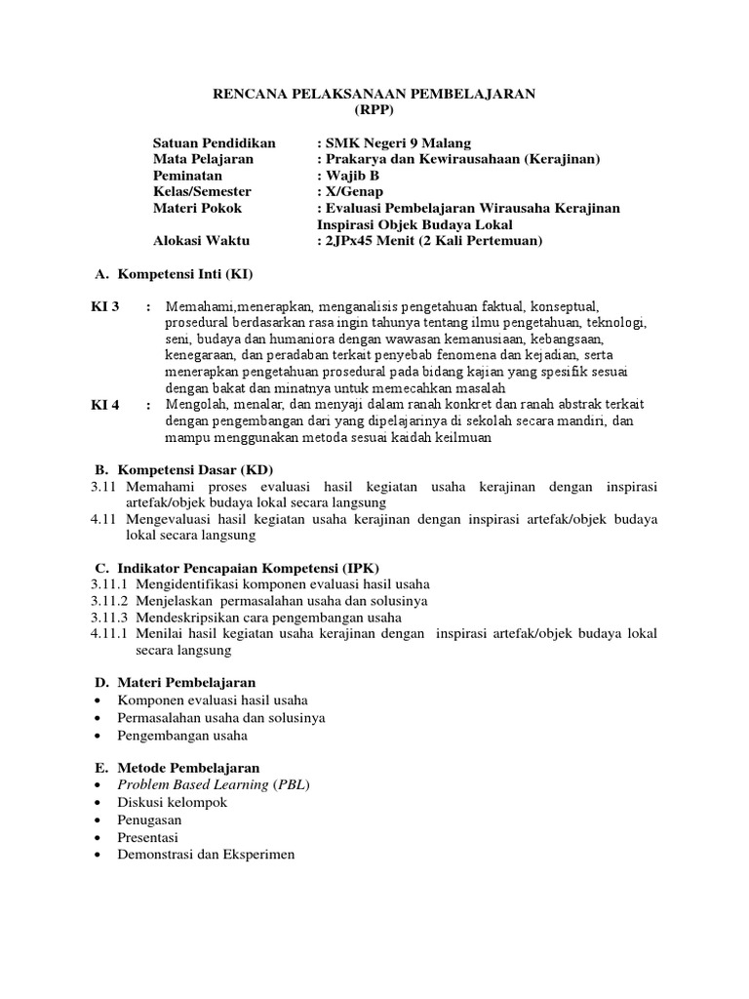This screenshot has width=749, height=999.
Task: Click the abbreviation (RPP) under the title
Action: [374, 109]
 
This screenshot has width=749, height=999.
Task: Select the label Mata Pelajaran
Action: [203, 159]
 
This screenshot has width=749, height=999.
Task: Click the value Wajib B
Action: [348, 176]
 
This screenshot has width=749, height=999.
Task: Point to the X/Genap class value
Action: [354, 192]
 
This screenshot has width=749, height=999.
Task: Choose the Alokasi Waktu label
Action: [201, 240]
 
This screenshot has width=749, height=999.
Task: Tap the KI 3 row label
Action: [105, 307]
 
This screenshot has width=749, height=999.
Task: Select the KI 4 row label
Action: [105, 406]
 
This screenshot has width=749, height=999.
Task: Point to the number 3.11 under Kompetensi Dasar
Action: [103, 486]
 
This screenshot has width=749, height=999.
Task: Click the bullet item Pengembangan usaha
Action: [182, 735]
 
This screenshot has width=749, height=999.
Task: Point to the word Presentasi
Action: [149, 837]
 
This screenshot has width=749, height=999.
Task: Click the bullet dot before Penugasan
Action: [101, 820]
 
